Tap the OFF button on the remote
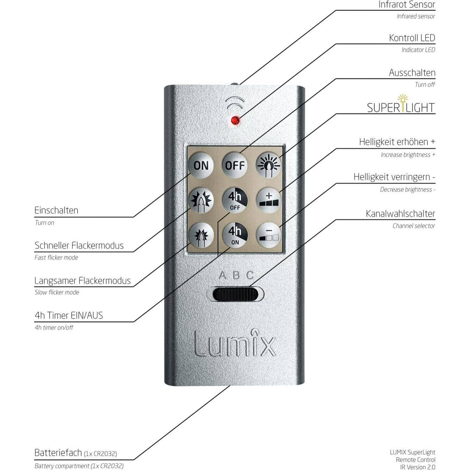coord(235,165)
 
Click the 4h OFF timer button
coord(235,200)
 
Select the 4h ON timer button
coord(235,235)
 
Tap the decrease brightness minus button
coord(269,235)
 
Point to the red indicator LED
coord(235,120)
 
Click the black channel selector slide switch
coord(235,295)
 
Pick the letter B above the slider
coord(236,275)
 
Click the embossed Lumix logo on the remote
coord(235,343)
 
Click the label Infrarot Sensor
coord(406,5)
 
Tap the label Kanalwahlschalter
coord(400,214)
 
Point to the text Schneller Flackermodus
coord(79,246)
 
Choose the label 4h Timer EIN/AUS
coord(69,316)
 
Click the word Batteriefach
coord(58,453)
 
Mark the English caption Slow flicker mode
coord(57,293)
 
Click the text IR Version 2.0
coord(418,467)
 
